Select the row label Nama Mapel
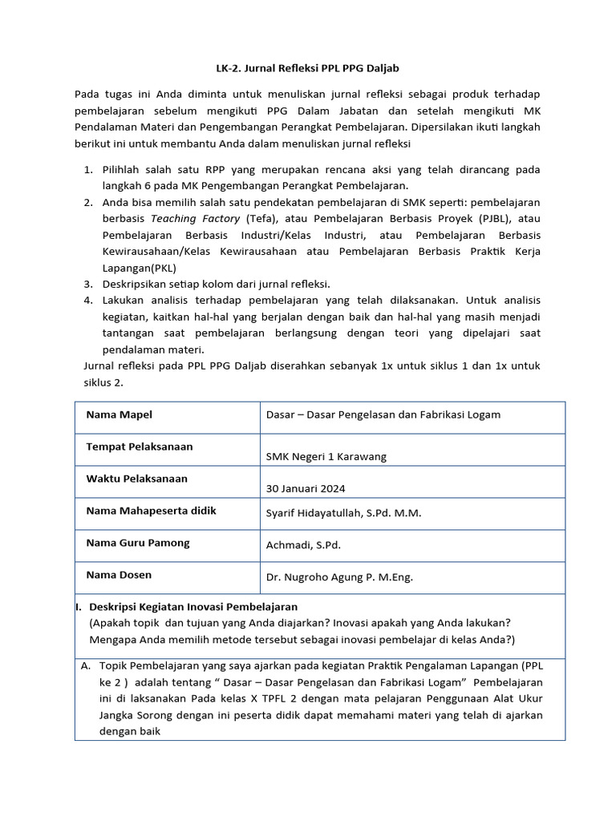coord(119,415)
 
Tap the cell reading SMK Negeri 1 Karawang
coord(326,456)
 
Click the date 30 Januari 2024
coord(306,488)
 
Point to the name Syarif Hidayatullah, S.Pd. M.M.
coord(343,512)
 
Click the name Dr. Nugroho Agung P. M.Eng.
coord(339,576)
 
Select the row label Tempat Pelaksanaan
coord(139,447)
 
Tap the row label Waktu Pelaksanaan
coord(136,479)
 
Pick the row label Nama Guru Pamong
coord(137,543)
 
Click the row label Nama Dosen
coord(119,575)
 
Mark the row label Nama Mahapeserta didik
coord(151,511)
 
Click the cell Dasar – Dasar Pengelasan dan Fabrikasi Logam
coord(383,415)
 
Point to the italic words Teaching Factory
coord(195,218)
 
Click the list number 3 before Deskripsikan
coord(88,284)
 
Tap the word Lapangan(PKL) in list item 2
coord(139,268)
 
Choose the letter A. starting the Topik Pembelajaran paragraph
coord(85,666)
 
